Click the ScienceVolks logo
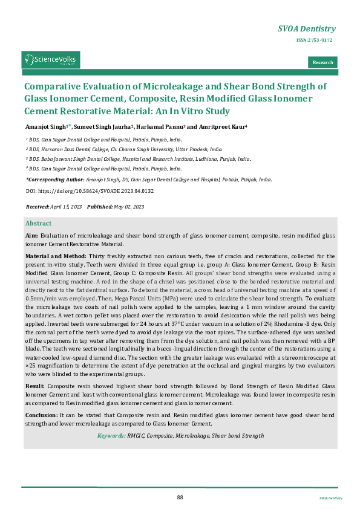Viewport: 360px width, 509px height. pos(51,60)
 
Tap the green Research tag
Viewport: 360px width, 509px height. pos(322,62)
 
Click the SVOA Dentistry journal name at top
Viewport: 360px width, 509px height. pos(306,28)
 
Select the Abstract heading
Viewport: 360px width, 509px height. pos(38,223)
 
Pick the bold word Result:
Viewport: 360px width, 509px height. pos(34,385)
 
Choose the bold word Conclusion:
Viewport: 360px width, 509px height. pos(41,415)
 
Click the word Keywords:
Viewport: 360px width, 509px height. pos(112,435)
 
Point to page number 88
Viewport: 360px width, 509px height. pos(180,497)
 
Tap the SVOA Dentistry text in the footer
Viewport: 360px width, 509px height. pos(330,498)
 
